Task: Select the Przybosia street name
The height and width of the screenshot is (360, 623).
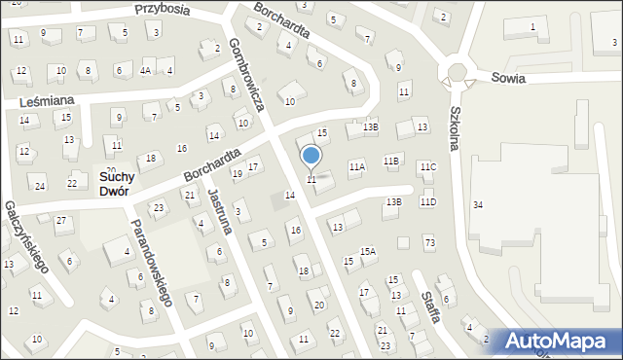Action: pos(162,9)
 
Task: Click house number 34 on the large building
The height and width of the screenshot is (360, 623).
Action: pos(477,204)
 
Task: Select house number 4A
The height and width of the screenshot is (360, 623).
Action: pos(145,70)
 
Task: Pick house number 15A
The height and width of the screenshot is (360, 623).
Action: pos(367,251)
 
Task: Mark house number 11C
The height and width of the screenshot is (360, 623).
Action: pos(428,167)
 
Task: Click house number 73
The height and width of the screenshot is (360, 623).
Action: pos(429,241)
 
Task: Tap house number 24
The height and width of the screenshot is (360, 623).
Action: pos(40,186)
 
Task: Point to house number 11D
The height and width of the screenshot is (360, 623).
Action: pos(428,201)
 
